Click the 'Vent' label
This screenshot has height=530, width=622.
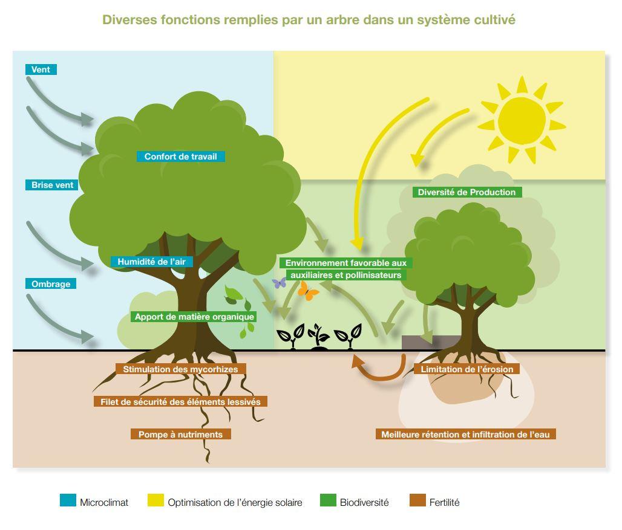pyautogui.click(x=41, y=69)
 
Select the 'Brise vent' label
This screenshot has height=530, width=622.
pyautogui.click(x=52, y=185)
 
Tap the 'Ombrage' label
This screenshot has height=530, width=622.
pyautogui.click(x=51, y=283)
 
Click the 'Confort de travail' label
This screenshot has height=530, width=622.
pyautogui.click(x=181, y=157)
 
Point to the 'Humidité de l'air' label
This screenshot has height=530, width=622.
pyautogui.click(x=151, y=262)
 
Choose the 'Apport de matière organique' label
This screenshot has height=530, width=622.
pyautogui.click(x=194, y=317)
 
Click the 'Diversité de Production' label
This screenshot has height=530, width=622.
pyautogui.click(x=467, y=192)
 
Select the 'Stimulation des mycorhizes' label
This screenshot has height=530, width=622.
pyautogui.click(x=180, y=369)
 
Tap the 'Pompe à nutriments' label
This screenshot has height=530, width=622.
pyautogui.click(x=180, y=434)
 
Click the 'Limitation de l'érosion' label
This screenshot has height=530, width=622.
pyautogui.click(x=467, y=369)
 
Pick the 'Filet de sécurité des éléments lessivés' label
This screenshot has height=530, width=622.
pyautogui.click(x=180, y=402)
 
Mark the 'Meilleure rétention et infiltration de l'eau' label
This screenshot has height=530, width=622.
pyautogui.click(x=466, y=434)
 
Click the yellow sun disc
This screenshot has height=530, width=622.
pyautogui.click(x=521, y=120)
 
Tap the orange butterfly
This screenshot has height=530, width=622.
pyautogui.click(x=307, y=291)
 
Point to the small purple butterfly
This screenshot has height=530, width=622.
pyautogui.click(x=280, y=283)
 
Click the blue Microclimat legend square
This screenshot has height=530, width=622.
pyautogui.click(x=68, y=500)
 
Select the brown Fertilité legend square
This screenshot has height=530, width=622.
pyautogui.click(x=417, y=500)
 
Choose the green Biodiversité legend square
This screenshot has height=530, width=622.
pyautogui.click(x=328, y=500)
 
